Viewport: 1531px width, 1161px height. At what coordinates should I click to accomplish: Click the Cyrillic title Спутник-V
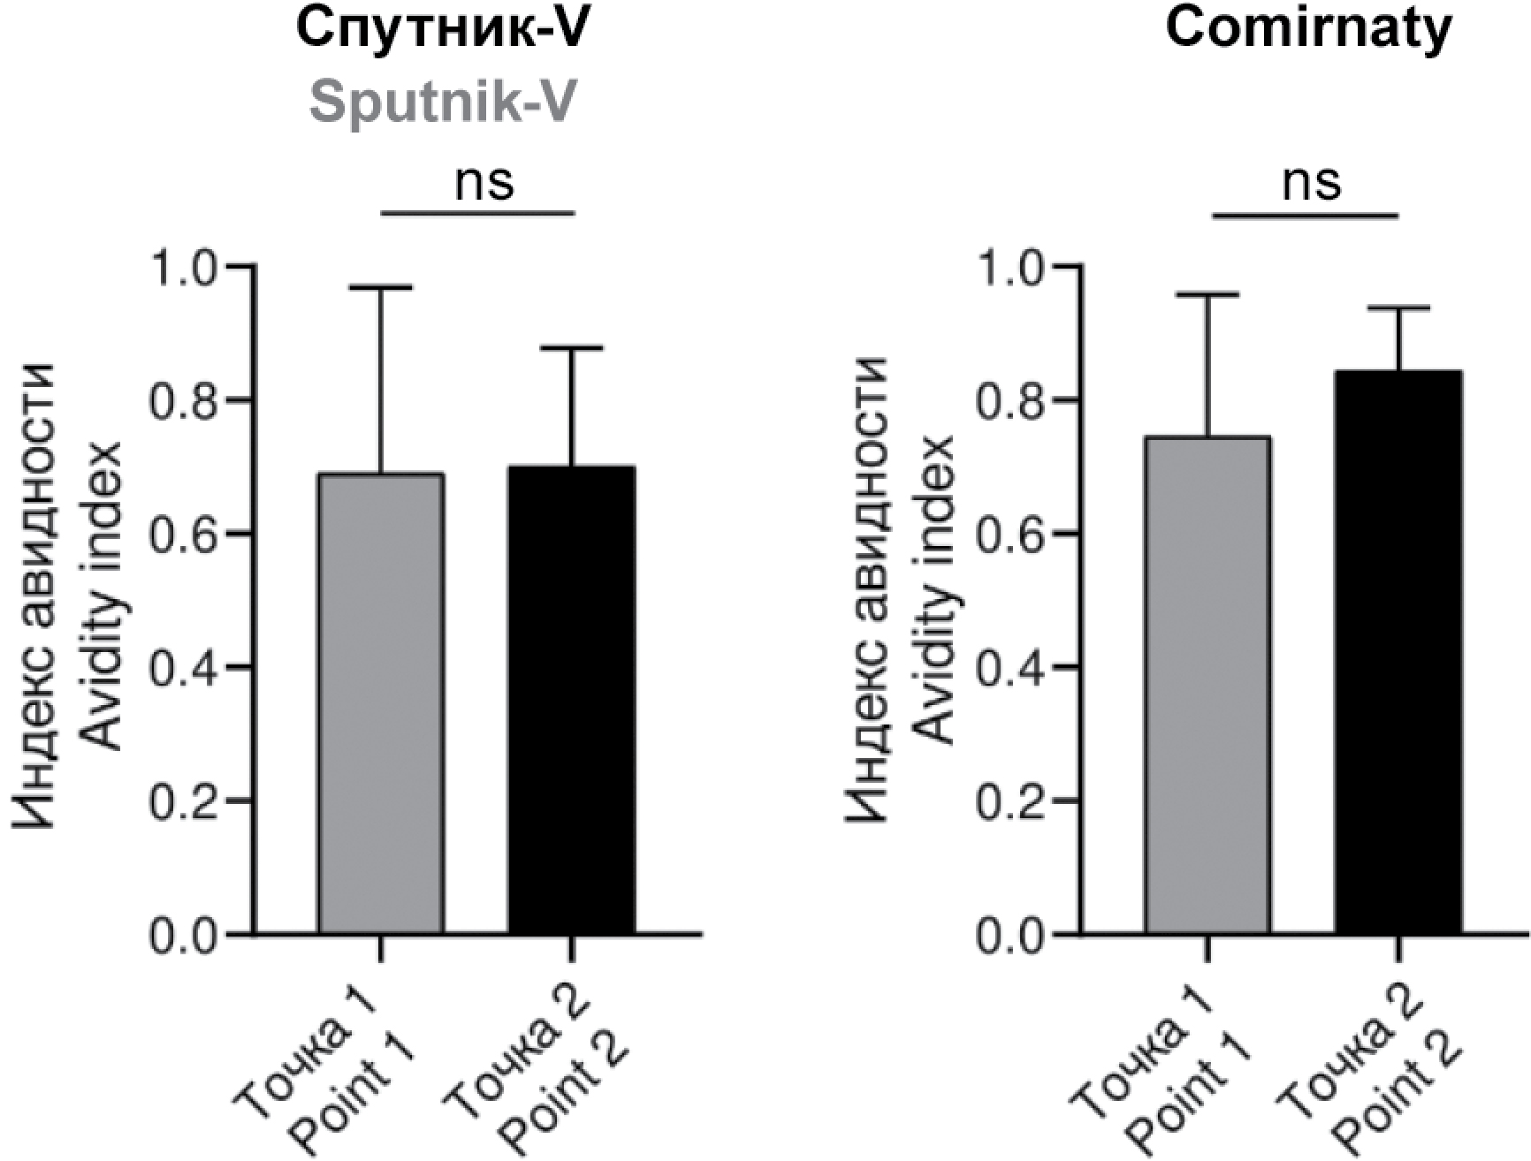442,30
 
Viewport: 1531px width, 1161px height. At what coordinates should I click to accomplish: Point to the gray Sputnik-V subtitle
442,102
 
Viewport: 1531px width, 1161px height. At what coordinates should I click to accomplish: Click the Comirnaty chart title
1308,30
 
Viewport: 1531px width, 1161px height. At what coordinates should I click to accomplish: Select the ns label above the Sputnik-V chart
484,182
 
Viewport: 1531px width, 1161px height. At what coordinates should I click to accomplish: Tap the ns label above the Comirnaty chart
1312,182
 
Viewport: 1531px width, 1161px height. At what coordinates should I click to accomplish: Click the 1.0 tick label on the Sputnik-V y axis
183,267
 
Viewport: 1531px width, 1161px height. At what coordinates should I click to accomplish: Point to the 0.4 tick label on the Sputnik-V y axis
183,668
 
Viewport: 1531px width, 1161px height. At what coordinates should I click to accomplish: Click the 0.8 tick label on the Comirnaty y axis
1010,401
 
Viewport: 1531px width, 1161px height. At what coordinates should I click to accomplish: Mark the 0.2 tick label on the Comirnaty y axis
1010,802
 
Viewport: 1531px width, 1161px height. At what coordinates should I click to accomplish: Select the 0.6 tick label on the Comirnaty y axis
1010,535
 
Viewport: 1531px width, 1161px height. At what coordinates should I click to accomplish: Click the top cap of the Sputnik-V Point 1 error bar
381,287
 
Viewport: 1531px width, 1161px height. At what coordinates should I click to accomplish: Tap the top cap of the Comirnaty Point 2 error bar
1398,307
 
